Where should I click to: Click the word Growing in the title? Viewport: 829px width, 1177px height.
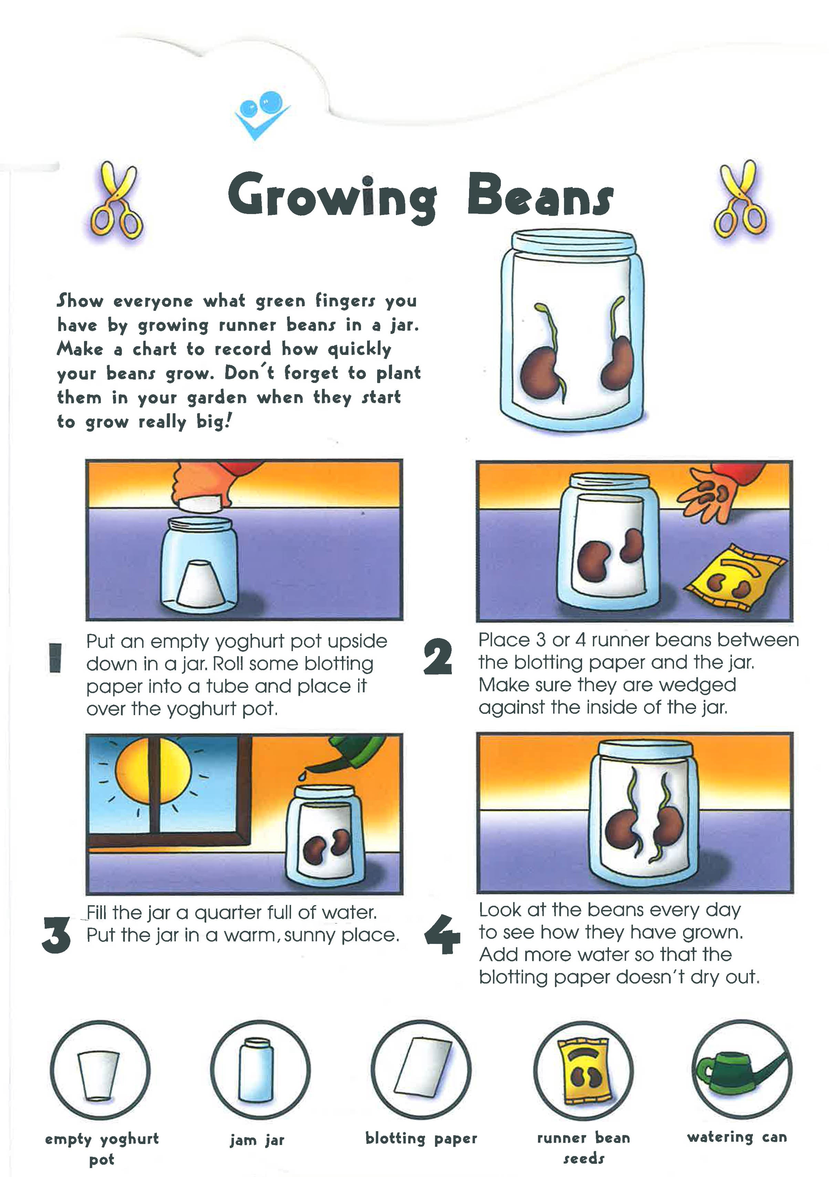click(x=332, y=197)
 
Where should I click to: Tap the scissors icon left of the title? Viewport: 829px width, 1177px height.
click(x=117, y=201)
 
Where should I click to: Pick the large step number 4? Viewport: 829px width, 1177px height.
click(x=442, y=934)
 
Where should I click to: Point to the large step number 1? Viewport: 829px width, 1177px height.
click(x=55, y=658)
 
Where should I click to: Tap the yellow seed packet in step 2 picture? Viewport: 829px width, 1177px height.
click(x=736, y=578)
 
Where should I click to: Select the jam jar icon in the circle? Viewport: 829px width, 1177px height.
click(x=256, y=1071)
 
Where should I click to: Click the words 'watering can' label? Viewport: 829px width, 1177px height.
click(x=737, y=1137)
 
